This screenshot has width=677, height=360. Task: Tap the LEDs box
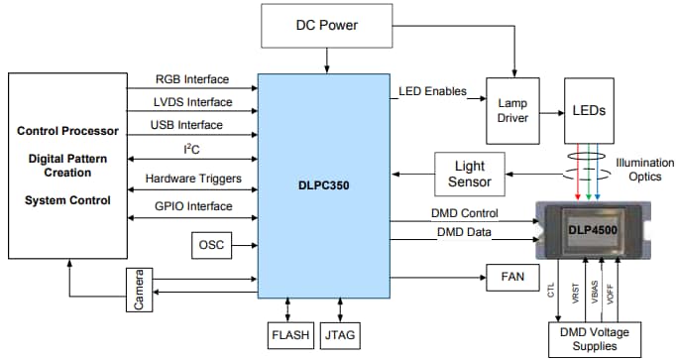[590, 110]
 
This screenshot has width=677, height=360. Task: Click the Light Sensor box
[469, 175]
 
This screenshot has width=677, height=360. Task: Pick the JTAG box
[341, 334]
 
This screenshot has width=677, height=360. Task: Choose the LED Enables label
[433, 92]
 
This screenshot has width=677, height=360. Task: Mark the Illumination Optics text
[644, 170]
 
